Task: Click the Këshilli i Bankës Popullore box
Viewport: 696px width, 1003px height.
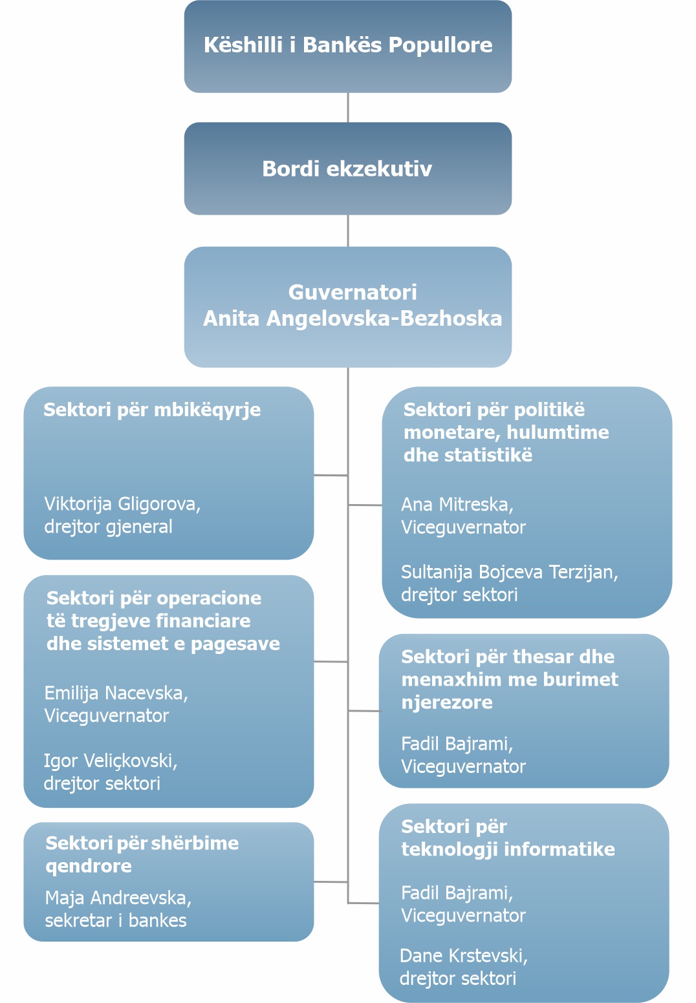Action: click(x=348, y=47)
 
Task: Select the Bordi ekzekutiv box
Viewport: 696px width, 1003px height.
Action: click(x=348, y=169)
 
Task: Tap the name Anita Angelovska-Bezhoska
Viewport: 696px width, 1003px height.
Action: click(x=353, y=319)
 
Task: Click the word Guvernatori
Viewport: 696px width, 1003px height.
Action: click(x=353, y=292)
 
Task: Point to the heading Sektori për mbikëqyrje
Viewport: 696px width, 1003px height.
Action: click(x=152, y=410)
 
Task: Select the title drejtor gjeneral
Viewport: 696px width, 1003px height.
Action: click(x=108, y=527)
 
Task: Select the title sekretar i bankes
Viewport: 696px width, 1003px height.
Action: click(x=116, y=921)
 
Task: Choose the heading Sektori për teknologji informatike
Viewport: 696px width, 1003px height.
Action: click(x=508, y=838)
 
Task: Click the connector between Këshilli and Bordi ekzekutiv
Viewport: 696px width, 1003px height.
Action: click(x=348, y=107)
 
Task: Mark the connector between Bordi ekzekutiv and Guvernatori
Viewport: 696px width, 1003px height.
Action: click(x=348, y=231)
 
